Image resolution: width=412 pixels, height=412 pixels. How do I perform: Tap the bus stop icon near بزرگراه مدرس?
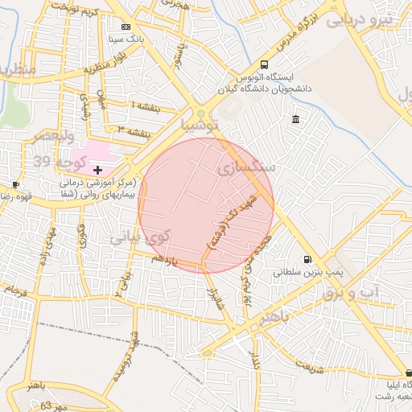(265, 65)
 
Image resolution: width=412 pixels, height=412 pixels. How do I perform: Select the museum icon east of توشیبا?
(295, 120)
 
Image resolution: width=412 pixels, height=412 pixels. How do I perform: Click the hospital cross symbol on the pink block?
(98, 170)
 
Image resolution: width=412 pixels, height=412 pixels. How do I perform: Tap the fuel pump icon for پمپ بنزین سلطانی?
(307, 259)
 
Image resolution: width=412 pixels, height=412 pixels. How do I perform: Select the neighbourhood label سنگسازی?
(246, 168)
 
